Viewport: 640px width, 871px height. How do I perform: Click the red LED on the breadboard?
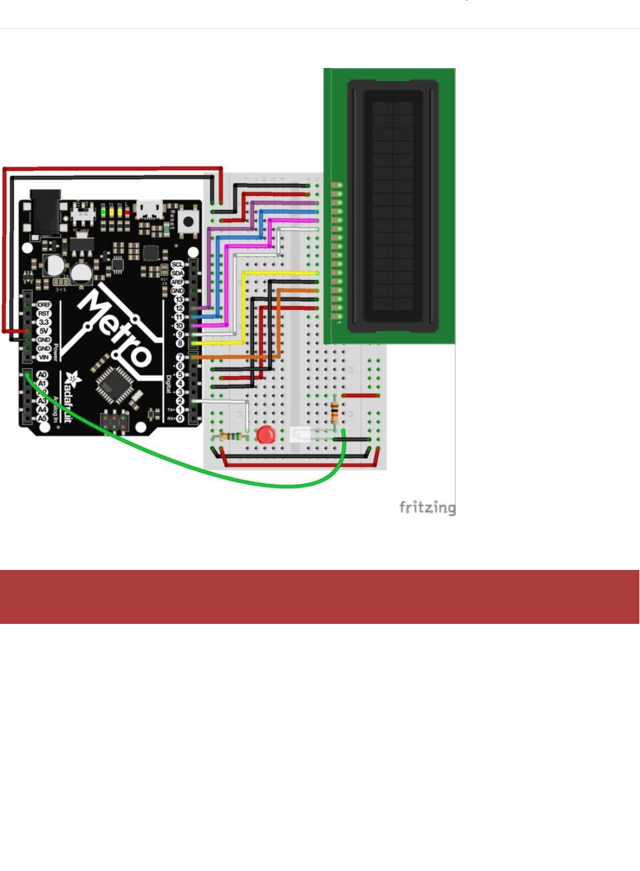pyautogui.click(x=266, y=435)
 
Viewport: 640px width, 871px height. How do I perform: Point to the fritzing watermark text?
pyautogui.click(x=427, y=508)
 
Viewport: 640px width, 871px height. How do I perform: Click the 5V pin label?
pyautogui.click(x=44, y=331)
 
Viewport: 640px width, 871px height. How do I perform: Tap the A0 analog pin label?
pyautogui.click(x=42, y=375)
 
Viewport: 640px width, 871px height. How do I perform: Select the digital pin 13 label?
pyautogui.click(x=178, y=300)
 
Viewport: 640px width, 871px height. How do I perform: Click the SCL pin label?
pyautogui.click(x=177, y=264)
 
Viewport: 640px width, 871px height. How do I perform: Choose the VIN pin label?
pyautogui.click(x=44, y=358)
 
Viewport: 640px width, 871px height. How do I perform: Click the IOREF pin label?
pyautogui.click(x=44, y=305)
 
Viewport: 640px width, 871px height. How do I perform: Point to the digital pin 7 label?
pyautogui.click(x=180, y=357)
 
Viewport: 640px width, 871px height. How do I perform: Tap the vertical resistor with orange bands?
pyautogui.click(x=335, y=412)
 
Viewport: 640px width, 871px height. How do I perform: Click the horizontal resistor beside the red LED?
pyautogui.click(x=230, y=436)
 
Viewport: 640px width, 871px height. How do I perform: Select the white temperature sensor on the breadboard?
pyautogui.click(x=300, y=435)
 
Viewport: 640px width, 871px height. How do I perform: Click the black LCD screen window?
pyautogui.click(x=392, y=205)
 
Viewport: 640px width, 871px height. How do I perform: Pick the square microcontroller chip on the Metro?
pyautogui.click(x=115, y=384)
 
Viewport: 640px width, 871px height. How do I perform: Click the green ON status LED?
pyautogui.click(x=103, y=211)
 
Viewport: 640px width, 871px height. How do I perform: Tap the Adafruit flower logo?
pyautogui.click(x=71, y=379)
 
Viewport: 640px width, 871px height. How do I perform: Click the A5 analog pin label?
pyautogui.click(x=42, y=418)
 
